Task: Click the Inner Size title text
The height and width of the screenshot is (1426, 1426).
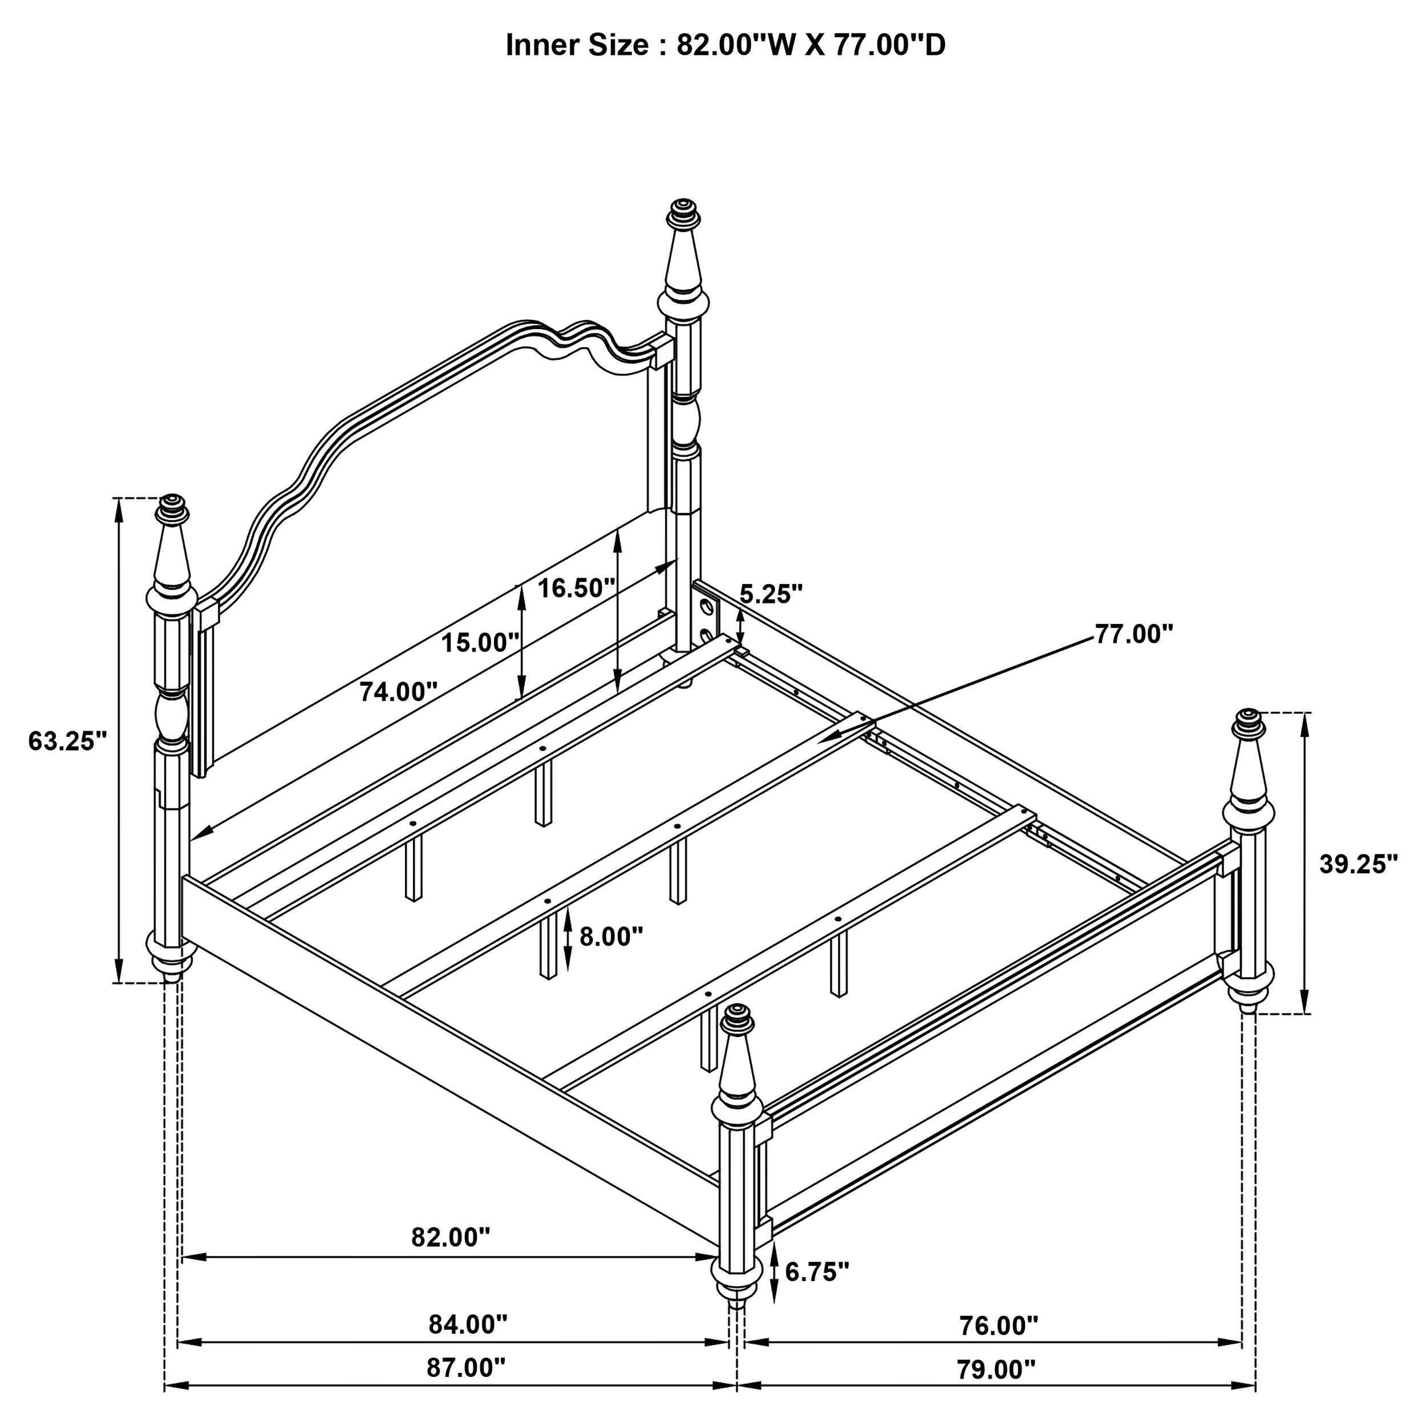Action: tap(725, 46)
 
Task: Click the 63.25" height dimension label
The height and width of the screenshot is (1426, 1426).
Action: tap(68, 740)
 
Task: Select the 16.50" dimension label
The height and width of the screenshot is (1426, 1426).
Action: tap(576, 588)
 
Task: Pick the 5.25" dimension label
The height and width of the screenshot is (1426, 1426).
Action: tap(771, 594)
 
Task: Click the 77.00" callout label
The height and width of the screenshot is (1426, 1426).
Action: tap(1134, 633)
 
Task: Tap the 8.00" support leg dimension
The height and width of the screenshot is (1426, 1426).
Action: tap(610, 937)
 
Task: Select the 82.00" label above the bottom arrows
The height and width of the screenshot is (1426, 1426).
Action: tap(450, 1237)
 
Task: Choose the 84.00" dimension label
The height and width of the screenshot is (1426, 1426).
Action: tap(468, 1325)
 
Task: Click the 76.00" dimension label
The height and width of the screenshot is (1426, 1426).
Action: tap(998, 1326)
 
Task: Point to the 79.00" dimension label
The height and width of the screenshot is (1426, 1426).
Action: tap(996, 1370)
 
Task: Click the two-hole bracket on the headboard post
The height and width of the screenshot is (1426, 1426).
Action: tap(706, 620)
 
